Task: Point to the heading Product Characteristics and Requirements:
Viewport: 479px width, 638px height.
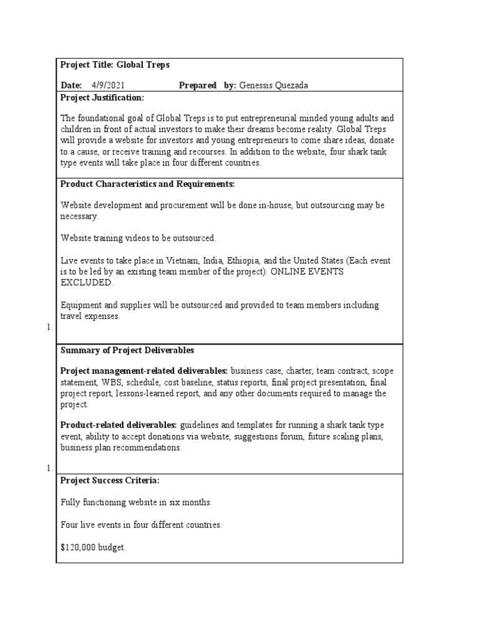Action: tap(147, 184)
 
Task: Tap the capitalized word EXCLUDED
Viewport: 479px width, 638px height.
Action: tap(87, 282)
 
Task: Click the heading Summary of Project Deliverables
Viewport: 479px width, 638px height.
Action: tap(127, 350)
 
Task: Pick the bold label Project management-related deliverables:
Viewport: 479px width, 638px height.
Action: tap(144, 371)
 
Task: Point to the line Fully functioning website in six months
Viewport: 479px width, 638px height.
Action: tap(137, 502)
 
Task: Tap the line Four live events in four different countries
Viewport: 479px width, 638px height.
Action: tap(141, 525)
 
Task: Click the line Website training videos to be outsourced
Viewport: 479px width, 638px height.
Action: tap(138, 238)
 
